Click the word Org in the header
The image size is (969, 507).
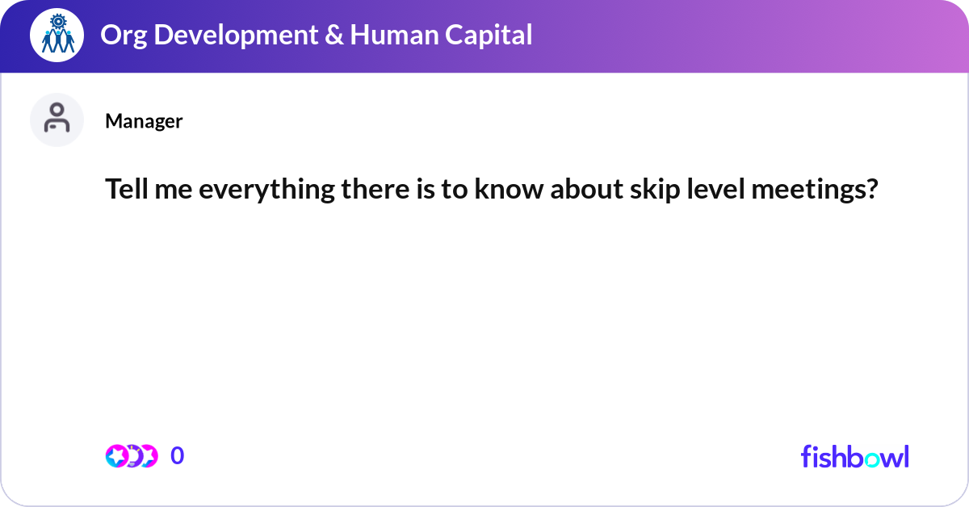tap(118, 35)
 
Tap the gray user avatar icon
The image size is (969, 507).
tap(57, 120)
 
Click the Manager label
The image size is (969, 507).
tap(144, 121)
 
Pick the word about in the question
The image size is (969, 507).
tap(563, 191)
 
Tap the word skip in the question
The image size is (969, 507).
tap(623, 191)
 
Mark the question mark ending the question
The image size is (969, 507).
tap(871, 191)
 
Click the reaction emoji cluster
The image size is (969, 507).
tap(132, 456)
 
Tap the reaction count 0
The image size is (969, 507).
tap(178, 456)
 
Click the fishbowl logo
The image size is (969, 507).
tap(854, 456)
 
